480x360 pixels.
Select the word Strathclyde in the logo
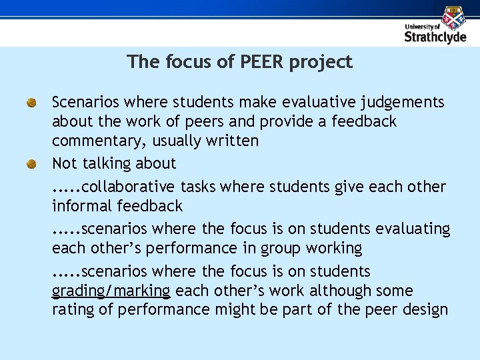[435, 37]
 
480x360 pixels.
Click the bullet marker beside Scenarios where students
[31, 103]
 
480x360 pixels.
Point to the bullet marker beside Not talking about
[31, 164]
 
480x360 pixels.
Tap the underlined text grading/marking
[111, 291]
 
